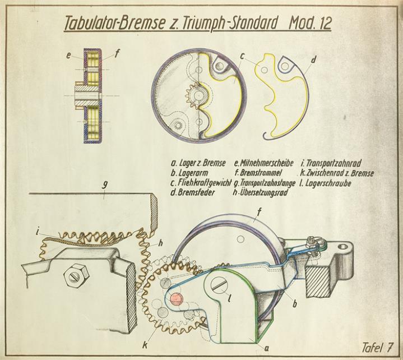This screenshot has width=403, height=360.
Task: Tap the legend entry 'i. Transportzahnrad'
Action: [x=330, y=163]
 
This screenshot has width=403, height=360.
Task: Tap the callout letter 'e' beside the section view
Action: [x=67, y=55]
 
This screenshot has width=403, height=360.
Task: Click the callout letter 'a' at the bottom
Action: [x=267, y=348]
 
